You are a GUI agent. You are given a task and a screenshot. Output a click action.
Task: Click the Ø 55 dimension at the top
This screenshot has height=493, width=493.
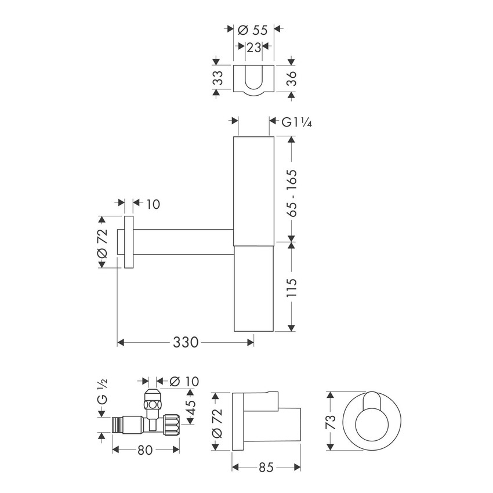pos(253,30)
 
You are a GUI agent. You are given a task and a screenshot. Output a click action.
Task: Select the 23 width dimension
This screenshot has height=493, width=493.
pos(253,48)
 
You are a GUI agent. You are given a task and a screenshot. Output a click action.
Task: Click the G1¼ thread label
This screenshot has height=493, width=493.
pos(298,122)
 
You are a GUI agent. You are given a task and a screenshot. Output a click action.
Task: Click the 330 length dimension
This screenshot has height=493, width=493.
pos(186,343)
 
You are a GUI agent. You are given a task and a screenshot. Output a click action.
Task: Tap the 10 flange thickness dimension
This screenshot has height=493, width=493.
pos(153,204)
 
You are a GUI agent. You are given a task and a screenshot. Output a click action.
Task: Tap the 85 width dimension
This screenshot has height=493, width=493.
pos(266,466)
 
